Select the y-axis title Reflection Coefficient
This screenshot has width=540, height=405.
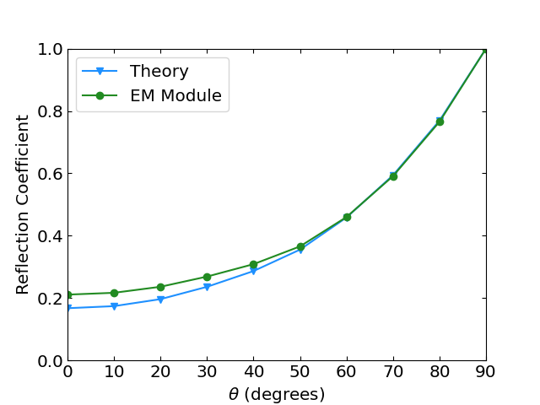[23, 204]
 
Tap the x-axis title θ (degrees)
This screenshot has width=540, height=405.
[277, 394]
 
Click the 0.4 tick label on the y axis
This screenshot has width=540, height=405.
[50, 236]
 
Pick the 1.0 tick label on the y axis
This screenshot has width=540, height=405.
[50, 50]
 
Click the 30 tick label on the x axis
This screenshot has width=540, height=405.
[207, 374]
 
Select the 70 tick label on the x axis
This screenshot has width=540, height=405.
[393, 374]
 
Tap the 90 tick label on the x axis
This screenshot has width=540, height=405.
[486, 374]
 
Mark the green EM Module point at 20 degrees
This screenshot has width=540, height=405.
[160, 287]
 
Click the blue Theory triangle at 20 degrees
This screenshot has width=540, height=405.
[160, 300]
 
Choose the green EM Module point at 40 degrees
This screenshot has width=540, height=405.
[253, 264]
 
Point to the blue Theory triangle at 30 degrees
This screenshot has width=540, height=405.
[207, 287]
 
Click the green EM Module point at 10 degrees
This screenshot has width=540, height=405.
[114, 293]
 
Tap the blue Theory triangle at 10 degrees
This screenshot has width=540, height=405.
[114, 306]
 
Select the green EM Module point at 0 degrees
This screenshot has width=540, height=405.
[67, 294]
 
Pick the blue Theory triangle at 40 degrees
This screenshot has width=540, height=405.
[253, 271]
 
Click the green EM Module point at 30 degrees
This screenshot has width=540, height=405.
[207, 277]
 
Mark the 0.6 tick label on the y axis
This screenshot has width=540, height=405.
[50, 174]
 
